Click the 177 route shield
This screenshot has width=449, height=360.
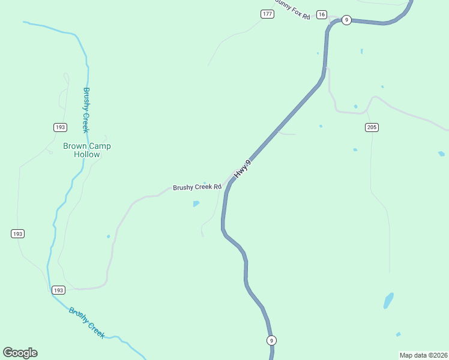[x=268, y=14]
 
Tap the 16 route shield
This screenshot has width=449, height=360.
[x=322, y=14]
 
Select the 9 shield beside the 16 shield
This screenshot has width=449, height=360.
[x=346, y=20]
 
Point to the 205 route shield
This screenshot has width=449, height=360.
[x=372, y=127]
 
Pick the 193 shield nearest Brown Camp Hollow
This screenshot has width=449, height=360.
[x=60, y=127]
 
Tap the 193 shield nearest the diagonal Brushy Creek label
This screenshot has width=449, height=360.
[x=58, y=290]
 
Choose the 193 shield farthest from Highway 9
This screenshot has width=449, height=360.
[x=17, y=233]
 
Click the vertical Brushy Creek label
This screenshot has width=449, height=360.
[x=86, y=110]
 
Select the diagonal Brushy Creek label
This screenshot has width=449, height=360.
[x=86, y=323]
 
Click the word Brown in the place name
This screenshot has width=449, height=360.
[x=75, y=146]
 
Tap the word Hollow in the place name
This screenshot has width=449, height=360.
[x=87, y=154]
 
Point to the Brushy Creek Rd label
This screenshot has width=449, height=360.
[x=197, y=187]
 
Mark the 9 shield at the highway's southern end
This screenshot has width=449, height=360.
[x=272, y=340]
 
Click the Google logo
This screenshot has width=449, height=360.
[x=20, y=353]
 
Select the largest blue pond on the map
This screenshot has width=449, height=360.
[x=388, y=301]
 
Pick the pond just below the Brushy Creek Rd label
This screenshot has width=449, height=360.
[x=196, y=204]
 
